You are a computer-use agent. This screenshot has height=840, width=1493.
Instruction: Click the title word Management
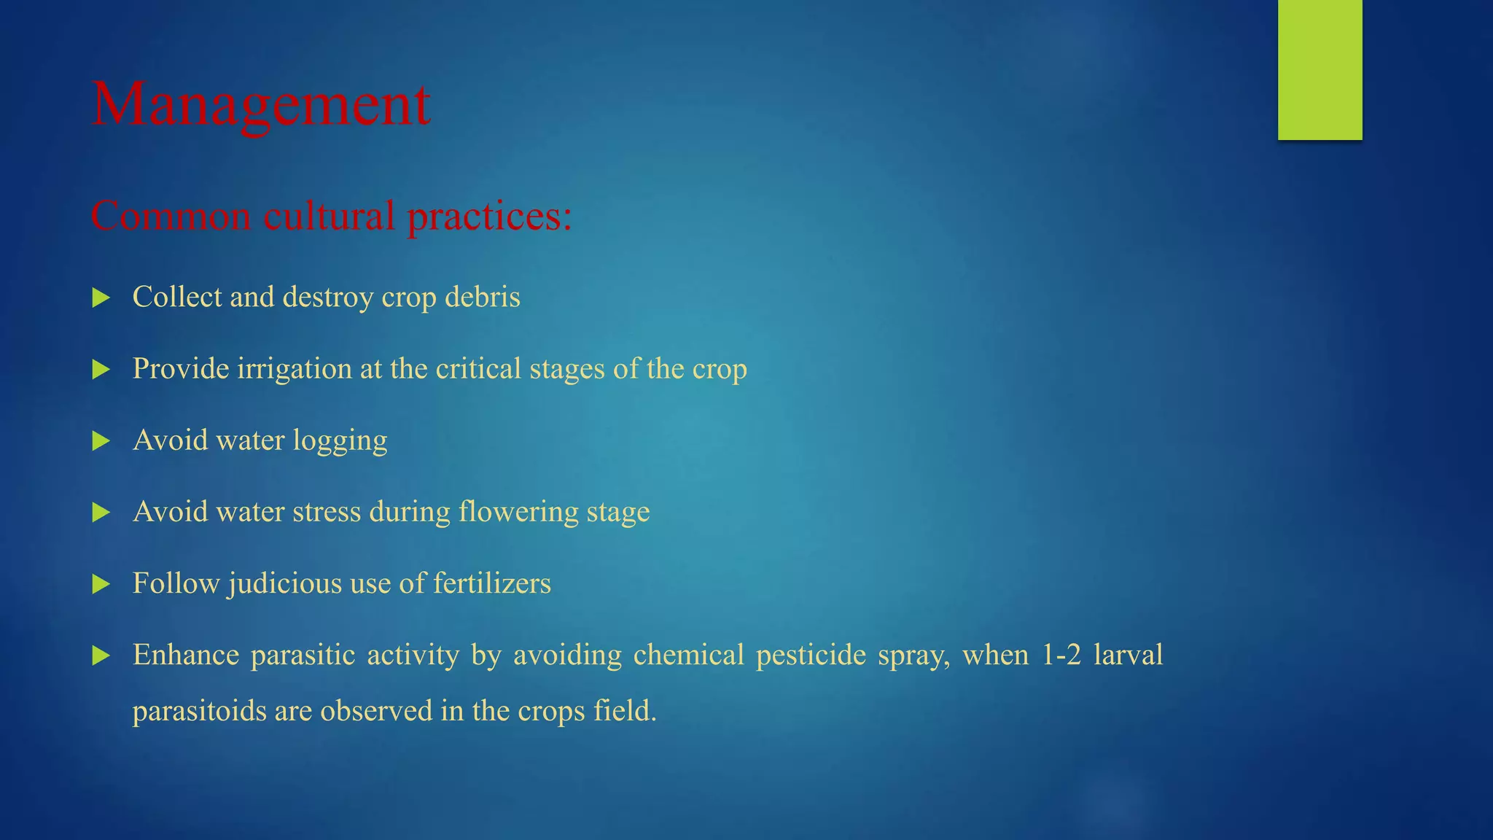click(261, 104)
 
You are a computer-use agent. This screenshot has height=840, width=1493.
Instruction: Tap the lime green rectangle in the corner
click(1319, 69)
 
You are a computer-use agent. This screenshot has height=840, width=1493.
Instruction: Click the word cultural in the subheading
click(329, 217)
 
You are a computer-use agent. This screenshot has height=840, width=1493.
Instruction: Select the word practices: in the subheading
click(489, 217)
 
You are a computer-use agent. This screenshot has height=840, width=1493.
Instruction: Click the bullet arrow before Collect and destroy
click(101, 297)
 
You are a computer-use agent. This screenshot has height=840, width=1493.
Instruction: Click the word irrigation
click(295, 369)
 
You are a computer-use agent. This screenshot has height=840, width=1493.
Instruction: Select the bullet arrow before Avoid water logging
click(101, 440)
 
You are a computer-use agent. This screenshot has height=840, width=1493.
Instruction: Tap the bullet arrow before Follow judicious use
click(101, 583)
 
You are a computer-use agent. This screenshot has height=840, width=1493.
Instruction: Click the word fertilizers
click(492, 583)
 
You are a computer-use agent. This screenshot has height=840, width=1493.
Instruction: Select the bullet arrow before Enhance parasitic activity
click(101, 655)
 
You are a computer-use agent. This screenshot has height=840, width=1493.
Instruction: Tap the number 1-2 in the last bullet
click(1061, 655)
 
